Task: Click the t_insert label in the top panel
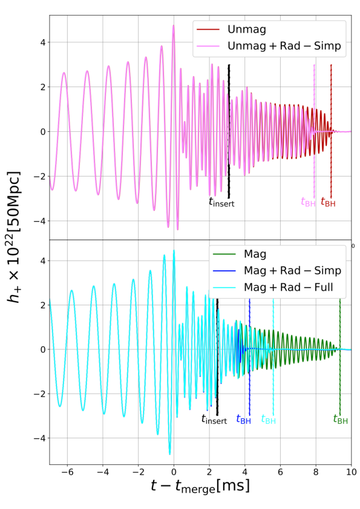(221, 203)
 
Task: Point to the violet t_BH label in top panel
(309, 203)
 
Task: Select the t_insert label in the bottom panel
(214, 419)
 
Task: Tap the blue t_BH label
(243, 419)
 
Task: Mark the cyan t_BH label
(269, 419)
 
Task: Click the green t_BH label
(341, 419)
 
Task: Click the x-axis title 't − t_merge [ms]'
(200, 485)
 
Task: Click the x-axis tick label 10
(351, 473)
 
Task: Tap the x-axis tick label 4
(244, 473)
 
